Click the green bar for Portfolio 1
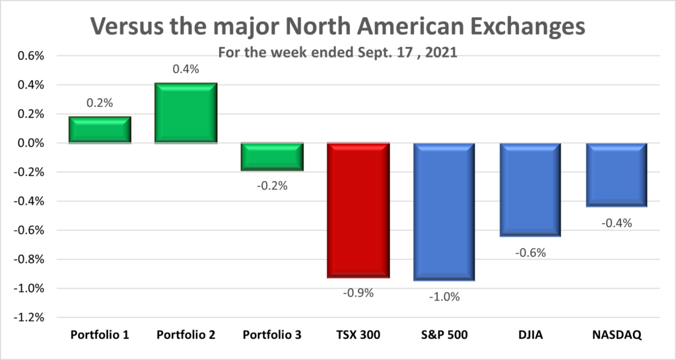[100, 129]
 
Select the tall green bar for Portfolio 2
[186, 113]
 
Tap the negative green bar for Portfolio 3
[272, 157]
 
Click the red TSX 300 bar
[358, 210]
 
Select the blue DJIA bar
[530, 190]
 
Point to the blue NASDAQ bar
[617, 175]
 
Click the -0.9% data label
[358, 293]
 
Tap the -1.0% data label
[444, 296]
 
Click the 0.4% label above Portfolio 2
[186, 69]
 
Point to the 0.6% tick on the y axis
[30, 56]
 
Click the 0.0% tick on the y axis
[30, 143]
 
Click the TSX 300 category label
[358, 335]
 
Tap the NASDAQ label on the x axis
[617, 335]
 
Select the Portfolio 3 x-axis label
[272, 335]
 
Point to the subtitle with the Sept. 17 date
[337, 52]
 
